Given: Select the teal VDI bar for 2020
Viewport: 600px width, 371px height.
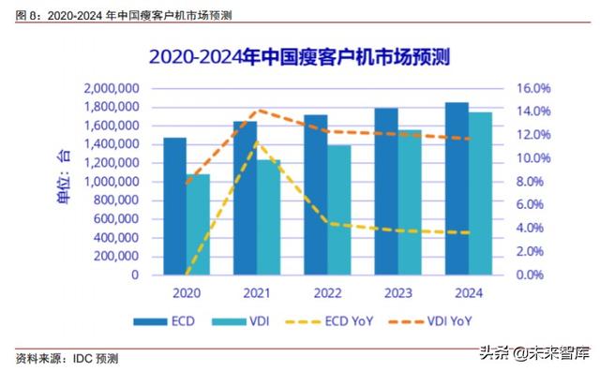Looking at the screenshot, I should coord(198,225).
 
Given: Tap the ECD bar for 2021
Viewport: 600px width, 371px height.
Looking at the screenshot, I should coord(245,198).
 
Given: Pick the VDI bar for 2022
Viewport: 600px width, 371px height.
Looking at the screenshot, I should coord(339,210).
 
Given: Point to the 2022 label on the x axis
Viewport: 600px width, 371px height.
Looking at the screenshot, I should coord(327,293).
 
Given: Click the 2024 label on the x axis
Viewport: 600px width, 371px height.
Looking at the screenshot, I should coord(468,293).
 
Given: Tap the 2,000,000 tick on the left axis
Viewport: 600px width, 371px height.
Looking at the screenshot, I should coord(112,88).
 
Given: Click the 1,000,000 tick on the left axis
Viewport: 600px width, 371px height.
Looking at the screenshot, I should coord(112,182).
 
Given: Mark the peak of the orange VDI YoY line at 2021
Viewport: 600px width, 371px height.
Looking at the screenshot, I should coord(257,111).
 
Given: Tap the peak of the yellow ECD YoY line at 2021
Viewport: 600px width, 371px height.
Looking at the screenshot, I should coord(257,141).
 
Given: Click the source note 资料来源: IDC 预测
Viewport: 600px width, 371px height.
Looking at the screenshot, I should coord(67,359).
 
